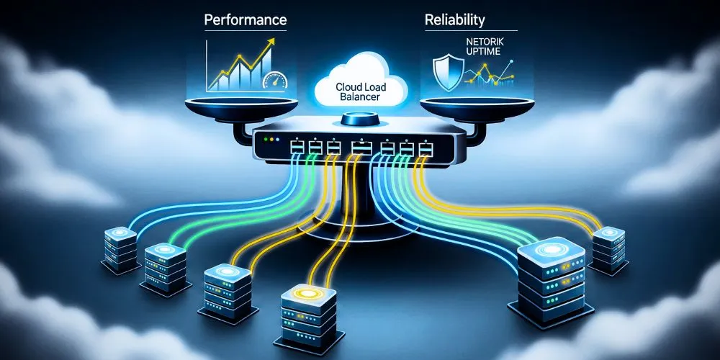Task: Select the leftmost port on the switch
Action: coord(297,148)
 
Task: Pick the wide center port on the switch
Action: coord(360,148)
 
